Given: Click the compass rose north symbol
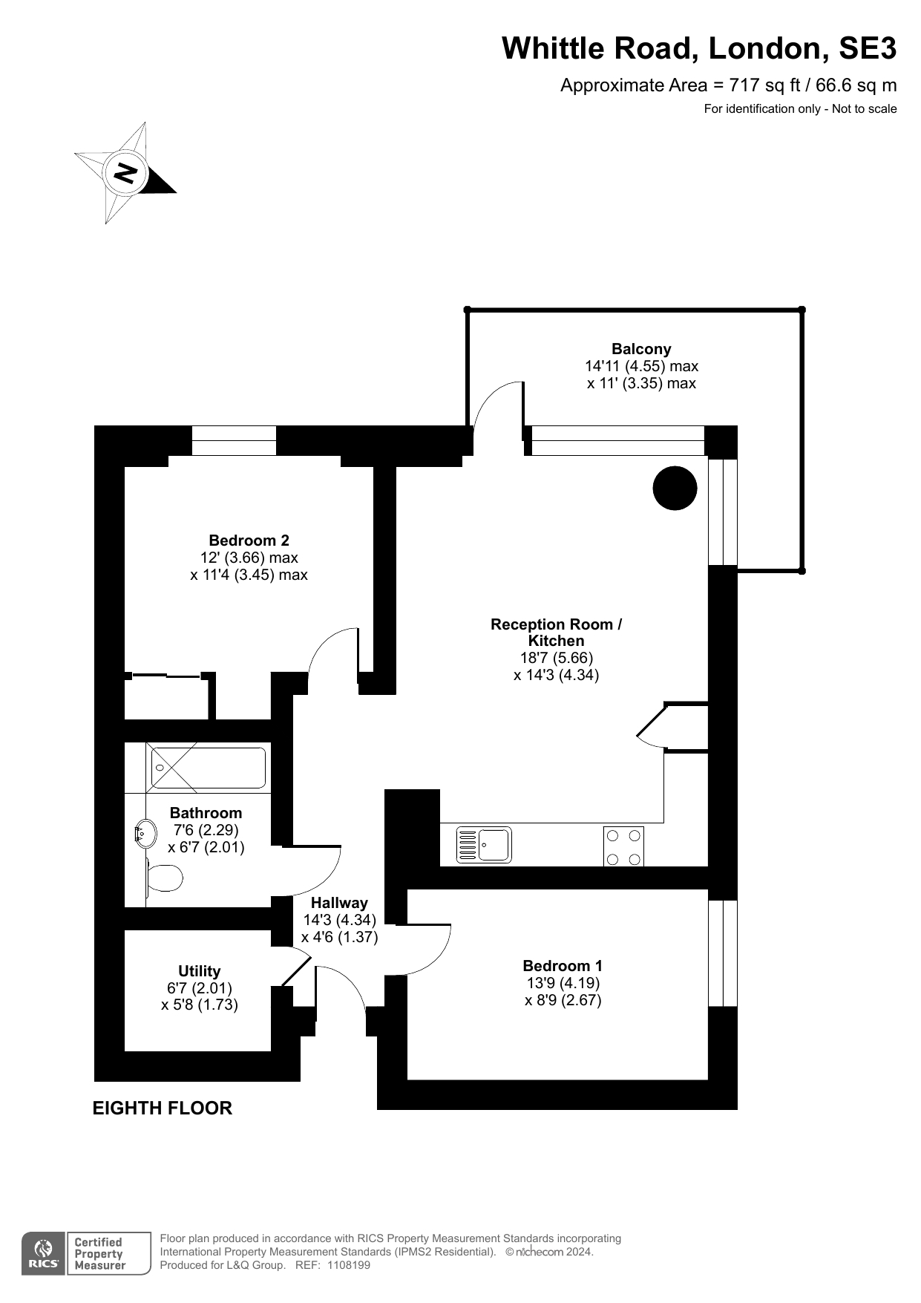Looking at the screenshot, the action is pos(125,173).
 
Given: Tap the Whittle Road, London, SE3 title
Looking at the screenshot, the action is pos(699,48).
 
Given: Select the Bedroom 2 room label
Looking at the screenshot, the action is pos(249,541).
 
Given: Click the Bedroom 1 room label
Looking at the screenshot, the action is pos(563,966).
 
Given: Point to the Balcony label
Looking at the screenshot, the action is pos(641,349).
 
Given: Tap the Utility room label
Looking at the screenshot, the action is pos(199,971).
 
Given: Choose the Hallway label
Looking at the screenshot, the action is pos(339,903).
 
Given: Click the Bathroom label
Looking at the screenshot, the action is pos(206,813).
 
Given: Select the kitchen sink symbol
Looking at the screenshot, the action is pos(484,845).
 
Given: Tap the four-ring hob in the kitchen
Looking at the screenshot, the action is pos(623,846).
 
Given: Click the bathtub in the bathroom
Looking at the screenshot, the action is pos(209,768).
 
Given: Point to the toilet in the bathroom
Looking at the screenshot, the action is pos(164,878).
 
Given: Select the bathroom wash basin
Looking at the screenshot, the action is pos(145,834).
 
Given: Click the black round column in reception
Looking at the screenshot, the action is pos(675,488).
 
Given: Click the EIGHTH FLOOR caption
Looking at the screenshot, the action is pos(162,1108).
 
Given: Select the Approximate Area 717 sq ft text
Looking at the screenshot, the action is pos(728,85).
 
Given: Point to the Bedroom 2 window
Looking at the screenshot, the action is pos(234,440).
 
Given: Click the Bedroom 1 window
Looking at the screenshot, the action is pos(723,953).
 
